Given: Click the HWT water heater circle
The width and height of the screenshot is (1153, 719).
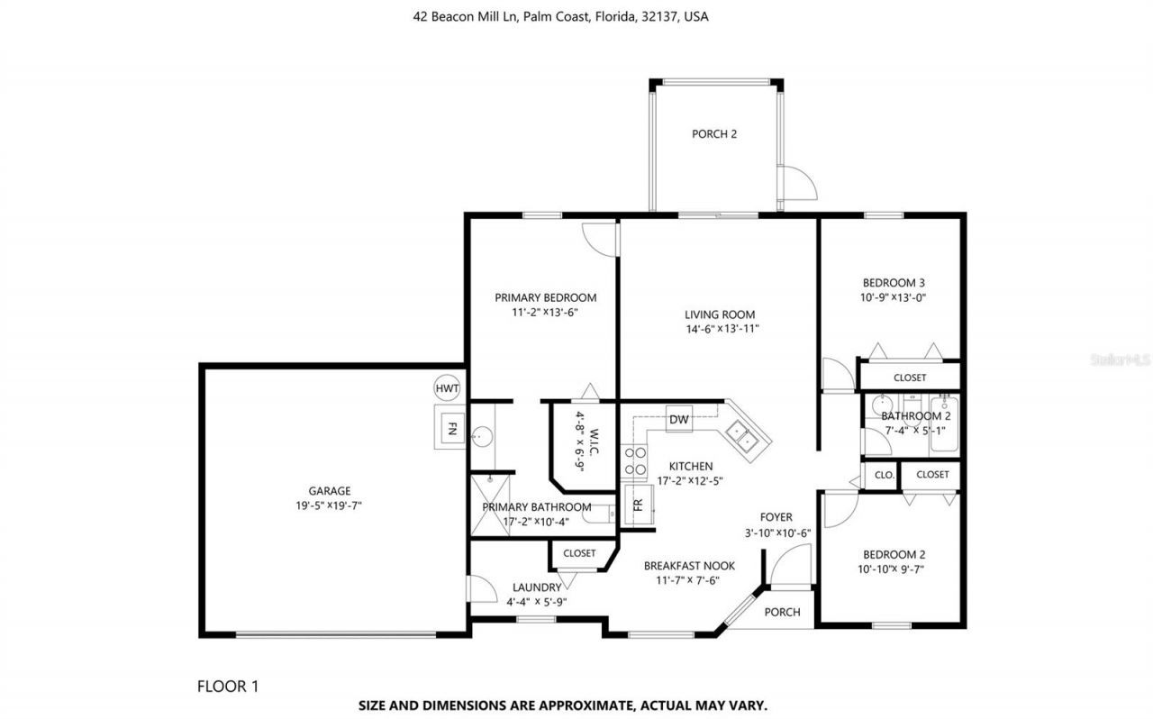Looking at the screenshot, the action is (x=447, y=388).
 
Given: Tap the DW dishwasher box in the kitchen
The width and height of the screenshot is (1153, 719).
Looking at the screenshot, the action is (x=679, y=419).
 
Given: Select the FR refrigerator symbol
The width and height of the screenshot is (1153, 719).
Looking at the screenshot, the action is (x=639, y=505).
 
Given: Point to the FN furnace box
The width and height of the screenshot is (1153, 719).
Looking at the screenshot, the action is (x=452, y=428).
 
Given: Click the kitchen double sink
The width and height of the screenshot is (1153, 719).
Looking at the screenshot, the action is (x=742, y=436).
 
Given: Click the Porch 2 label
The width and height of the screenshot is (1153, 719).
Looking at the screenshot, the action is (x=714, y=134).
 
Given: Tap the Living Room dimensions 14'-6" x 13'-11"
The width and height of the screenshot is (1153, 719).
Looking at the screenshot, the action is (x=722, y=329).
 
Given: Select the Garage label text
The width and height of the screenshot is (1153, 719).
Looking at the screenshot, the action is (x=330, y=491).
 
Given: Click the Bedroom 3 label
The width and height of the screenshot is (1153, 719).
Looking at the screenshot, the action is (x=894, y=283).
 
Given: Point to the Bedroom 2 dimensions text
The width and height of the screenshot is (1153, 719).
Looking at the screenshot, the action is (x=891, y=569).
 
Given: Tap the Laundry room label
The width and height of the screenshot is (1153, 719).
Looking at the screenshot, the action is (x=537, y=587).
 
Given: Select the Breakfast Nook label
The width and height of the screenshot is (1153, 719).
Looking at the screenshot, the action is (x=689, y=566).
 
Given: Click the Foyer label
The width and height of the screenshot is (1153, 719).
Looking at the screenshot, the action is (x=776, y=517).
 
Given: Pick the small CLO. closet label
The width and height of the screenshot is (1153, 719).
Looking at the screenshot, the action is (x=885, y=475).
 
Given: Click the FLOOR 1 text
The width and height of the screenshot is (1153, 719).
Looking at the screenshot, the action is (x=228, y=686).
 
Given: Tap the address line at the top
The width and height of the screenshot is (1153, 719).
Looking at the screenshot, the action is (x=560, y=16).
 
